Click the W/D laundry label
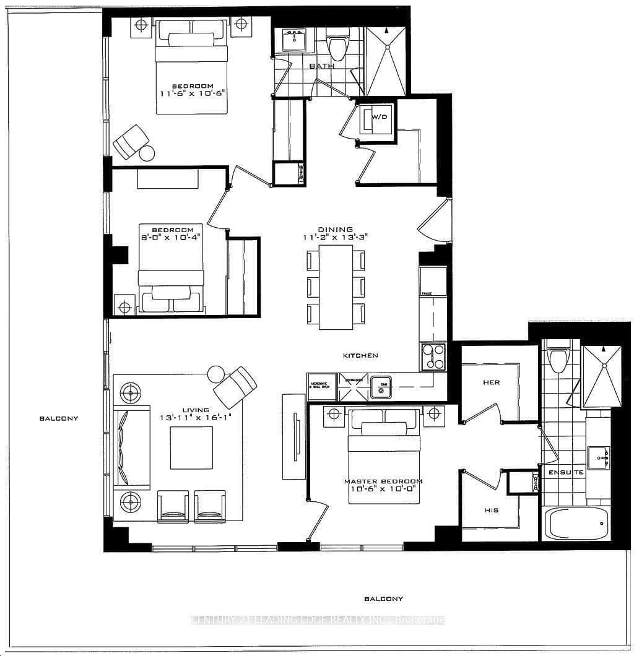pos(379,116)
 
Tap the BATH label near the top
pos(322,66)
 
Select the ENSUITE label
pos(566,472)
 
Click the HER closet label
pos(491,382)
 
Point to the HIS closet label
pos(491,511)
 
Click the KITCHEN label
pos(361,356)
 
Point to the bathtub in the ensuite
pos(575,524)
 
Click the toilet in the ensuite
pos(558,359)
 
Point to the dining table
pos(336,288)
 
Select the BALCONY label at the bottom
pos(383,598)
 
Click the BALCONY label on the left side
pos(59,418)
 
